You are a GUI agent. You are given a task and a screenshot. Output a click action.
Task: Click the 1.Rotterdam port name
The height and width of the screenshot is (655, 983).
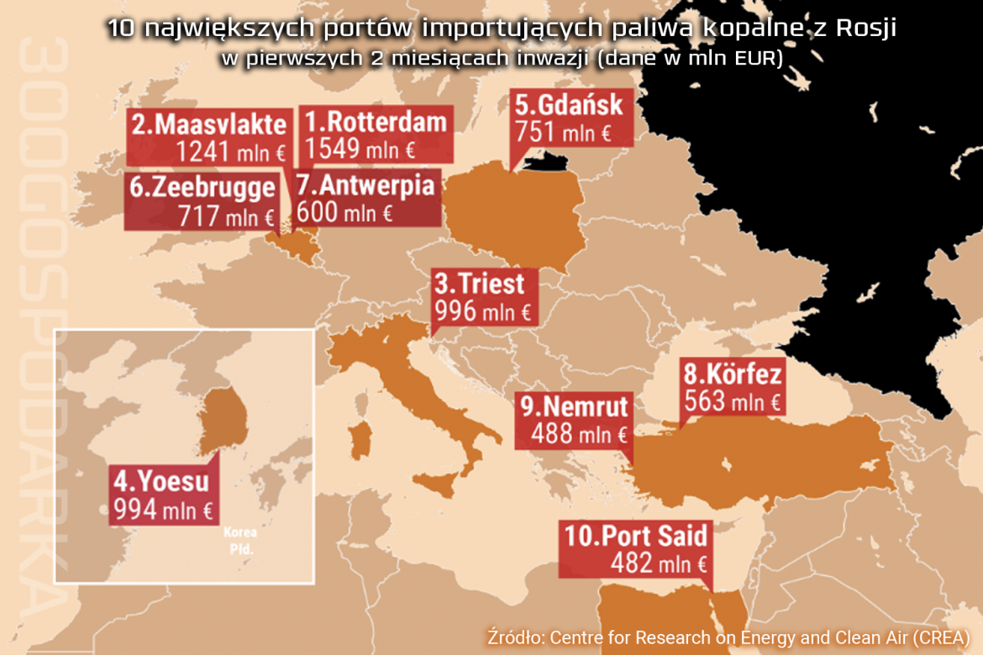(x=376, y=123)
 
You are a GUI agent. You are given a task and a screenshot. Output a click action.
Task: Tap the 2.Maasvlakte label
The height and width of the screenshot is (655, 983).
(x=209, y=124)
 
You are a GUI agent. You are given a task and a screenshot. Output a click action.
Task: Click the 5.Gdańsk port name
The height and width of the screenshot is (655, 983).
(x=569, y=106)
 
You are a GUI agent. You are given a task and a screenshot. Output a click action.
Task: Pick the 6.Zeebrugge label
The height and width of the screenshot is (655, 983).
(x=202, y=187)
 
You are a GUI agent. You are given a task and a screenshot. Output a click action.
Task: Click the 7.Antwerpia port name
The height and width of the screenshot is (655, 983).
(x=366, y=185)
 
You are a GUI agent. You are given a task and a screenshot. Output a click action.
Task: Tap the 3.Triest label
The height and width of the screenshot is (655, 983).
(x=479, y=283)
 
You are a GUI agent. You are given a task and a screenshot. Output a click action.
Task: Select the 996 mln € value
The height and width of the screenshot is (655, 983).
(x=483, y=311)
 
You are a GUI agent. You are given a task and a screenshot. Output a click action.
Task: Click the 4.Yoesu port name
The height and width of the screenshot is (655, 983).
(x=160, y=483)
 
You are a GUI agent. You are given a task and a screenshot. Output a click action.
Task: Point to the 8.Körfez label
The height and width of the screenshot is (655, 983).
(x=733, y=374)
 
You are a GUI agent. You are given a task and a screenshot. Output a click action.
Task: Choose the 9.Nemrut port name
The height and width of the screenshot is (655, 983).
(x=574, y=406)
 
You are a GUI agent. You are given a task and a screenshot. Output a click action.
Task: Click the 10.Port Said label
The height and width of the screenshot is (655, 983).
(x=636, y=536)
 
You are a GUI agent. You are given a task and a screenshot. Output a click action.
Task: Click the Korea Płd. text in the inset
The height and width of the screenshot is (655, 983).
(x=240, y=540)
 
